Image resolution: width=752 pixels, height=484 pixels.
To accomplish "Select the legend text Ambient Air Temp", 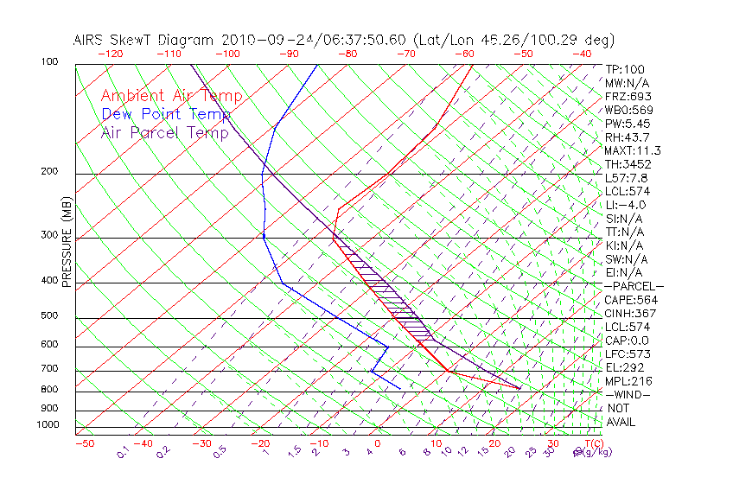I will coord(172,96).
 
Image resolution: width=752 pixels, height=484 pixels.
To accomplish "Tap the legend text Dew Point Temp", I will coord(166,114).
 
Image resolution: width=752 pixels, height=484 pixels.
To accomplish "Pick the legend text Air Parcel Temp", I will coord(165,132).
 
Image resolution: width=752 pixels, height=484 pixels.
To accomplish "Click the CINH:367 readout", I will coord(630,314).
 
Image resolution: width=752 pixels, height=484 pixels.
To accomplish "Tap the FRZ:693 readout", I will coord(628,96).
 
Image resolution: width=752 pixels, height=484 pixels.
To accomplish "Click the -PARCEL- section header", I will coord(634,286).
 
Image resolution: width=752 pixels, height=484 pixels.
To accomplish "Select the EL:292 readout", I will coord(624,368).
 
